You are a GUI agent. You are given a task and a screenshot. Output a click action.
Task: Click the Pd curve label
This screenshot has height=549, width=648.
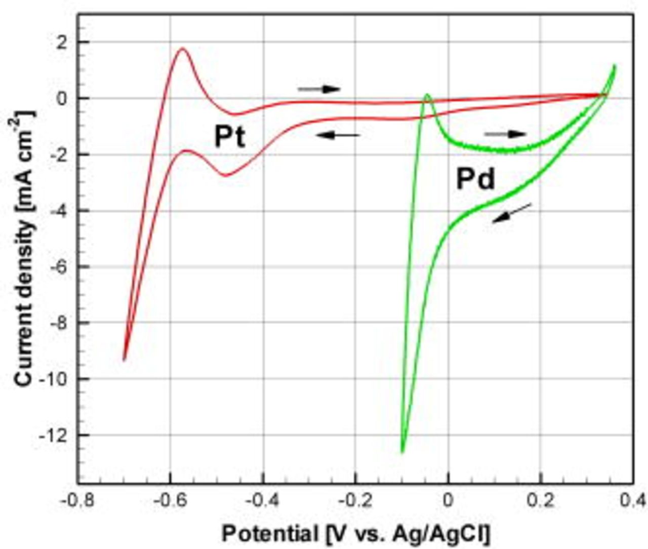tap(475, 179)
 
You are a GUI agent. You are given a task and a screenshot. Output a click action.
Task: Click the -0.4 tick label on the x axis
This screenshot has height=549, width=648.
tap(262, 500)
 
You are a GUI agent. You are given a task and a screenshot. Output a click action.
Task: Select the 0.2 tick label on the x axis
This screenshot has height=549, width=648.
tap(541, 500)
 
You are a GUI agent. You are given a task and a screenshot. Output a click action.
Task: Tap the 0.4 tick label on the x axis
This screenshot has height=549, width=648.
tap(633, 500)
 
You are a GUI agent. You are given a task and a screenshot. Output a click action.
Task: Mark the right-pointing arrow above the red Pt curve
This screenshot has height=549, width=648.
tap(319, 89)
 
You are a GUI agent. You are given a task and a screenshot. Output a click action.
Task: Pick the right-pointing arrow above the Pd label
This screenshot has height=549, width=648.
tap(505, 134)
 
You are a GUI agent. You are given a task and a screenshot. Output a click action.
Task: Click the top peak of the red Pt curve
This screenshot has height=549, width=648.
tap(182, 49)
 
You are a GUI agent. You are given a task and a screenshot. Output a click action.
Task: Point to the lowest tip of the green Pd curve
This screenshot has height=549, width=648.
tap(402, 452)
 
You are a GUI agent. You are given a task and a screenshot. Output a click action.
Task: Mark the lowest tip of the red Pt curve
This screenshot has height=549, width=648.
tap(124, 360)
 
